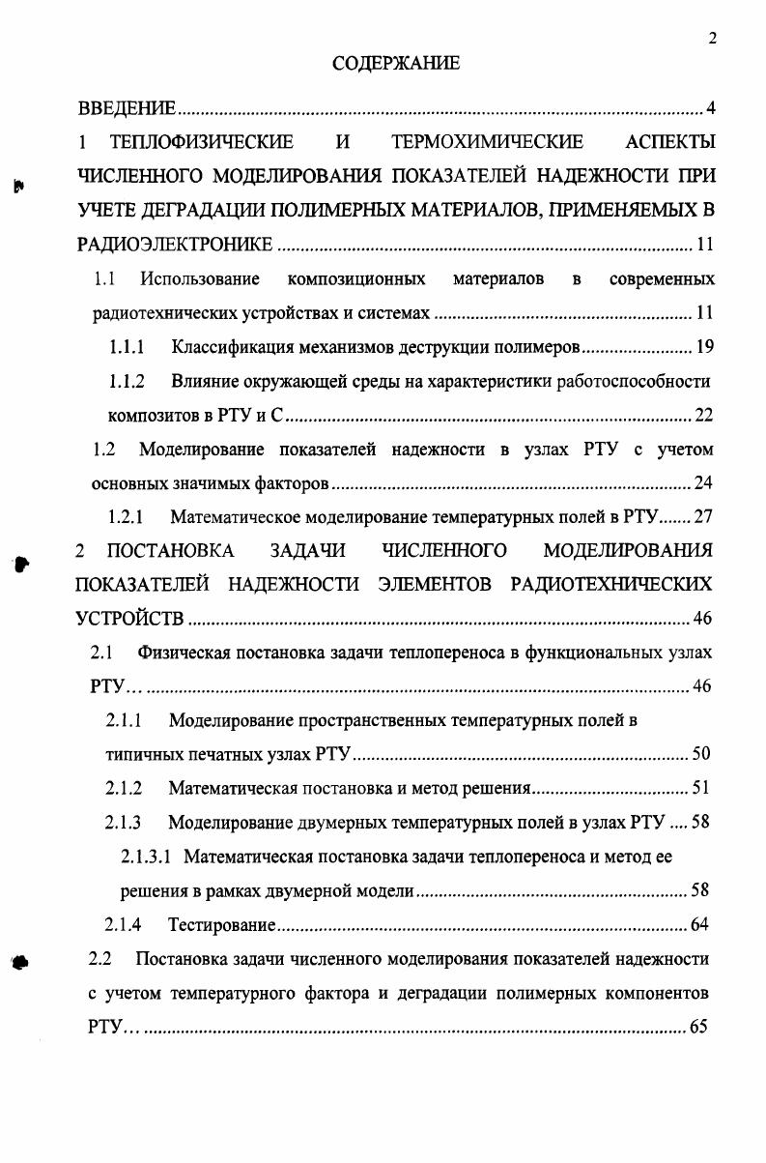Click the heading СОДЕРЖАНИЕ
click(396, 64)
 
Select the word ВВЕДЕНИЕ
click(126, 107)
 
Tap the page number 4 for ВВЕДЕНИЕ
click(710, 107)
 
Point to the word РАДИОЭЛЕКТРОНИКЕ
click(175, 245)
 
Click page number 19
click(703, 347)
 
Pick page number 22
click(703, 416)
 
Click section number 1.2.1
click(126, 516)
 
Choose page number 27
click(703, 516)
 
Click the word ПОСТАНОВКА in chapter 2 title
click(170, 551)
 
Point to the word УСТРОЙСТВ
click(129, 619)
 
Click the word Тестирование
click(222, 925)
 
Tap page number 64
click(699, 925)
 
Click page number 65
click(699, 1027)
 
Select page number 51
click(701, 789)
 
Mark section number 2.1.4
click(124, 925)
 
